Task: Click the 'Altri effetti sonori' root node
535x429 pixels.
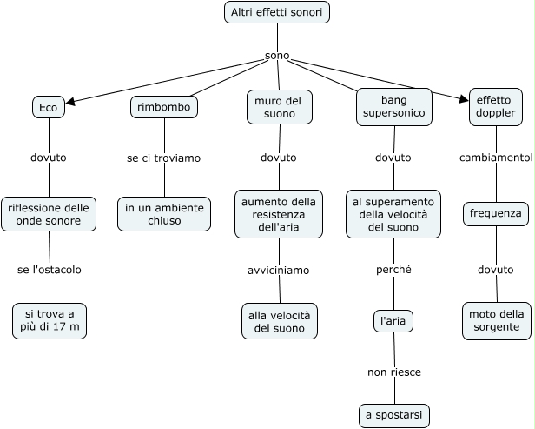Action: click(277, 12)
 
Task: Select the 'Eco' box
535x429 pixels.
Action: click(49, 107)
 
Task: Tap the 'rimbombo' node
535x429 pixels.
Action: click(164, 107)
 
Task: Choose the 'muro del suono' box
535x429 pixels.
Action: click(279, 106)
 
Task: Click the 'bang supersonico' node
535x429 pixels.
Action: click(393, 106)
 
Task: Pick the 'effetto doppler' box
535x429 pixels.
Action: click(496, 106)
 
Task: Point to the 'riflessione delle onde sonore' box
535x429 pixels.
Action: click(49, 214)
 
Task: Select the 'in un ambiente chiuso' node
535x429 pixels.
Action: click(164, 214)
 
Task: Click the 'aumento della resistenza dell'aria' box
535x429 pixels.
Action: click(279, 214)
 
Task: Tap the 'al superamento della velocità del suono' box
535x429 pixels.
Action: click(393, 214)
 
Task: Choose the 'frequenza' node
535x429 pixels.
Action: click(496, 214)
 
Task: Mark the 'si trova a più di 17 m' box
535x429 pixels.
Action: click(50, 320)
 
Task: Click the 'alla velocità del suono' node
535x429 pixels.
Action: click(280, 320)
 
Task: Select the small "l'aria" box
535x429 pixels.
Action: click(393, 321)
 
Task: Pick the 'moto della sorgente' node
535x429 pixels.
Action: click(496, 320)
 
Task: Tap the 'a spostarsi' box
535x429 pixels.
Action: click(394, 415)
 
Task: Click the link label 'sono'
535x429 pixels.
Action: click(277, 57)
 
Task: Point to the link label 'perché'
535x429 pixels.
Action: click(393, 270)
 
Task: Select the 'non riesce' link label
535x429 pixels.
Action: click(394, 372)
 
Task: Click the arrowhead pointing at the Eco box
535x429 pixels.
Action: click(70, 101)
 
